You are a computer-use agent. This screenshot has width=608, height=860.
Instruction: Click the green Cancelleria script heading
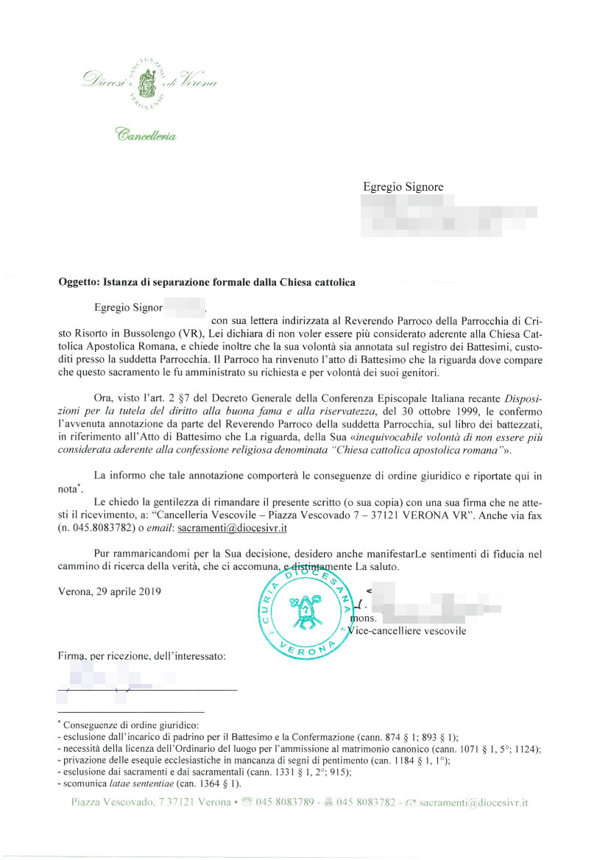click(146, 135)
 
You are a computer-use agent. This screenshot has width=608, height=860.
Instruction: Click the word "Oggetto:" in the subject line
click(77, 282)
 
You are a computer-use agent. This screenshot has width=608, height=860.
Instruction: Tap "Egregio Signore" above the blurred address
click(403, 187)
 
